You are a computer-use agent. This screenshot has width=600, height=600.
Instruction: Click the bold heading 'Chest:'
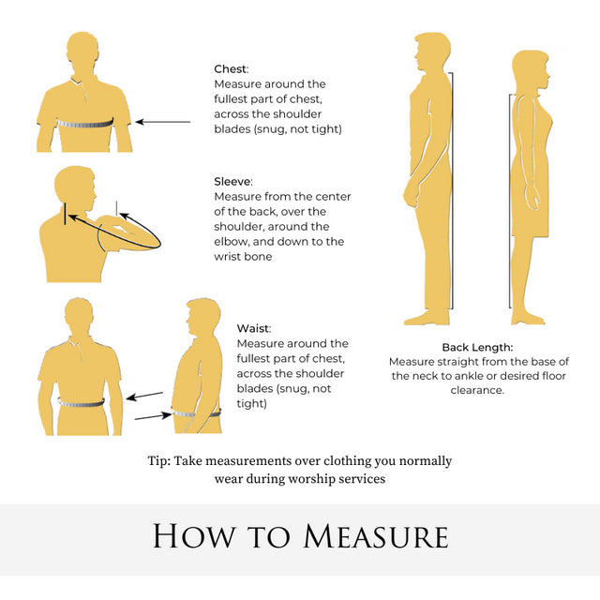point(232,68)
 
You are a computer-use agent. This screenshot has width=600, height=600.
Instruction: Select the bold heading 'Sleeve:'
point(233,181)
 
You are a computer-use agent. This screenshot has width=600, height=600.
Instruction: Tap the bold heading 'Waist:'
point(254,328)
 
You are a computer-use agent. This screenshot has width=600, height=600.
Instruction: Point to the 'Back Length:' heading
point(477,347)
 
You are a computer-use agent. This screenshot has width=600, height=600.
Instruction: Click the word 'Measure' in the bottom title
point(376,535)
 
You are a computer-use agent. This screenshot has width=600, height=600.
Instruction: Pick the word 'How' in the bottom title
point(194,535)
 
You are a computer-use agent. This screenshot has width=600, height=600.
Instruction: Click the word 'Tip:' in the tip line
point(159,461)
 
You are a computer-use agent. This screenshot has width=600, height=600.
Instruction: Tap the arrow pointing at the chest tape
point(163,122)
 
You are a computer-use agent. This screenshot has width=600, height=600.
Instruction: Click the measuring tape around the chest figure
point(85,124)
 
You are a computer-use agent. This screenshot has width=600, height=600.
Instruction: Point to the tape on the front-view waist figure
point(82,403)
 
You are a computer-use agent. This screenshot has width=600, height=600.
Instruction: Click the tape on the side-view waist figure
point(196,412)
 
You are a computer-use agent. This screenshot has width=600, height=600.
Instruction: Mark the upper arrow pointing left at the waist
point(144,396)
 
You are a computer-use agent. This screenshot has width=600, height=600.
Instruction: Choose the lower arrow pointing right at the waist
point(153,416)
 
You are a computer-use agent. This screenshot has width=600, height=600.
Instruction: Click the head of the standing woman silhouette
point(531,71)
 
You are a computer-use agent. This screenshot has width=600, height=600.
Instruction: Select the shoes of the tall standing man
point(427,318)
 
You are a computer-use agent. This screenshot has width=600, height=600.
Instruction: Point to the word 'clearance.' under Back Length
point(477,390)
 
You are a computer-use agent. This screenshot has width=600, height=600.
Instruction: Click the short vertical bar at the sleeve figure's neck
point(65,214)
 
